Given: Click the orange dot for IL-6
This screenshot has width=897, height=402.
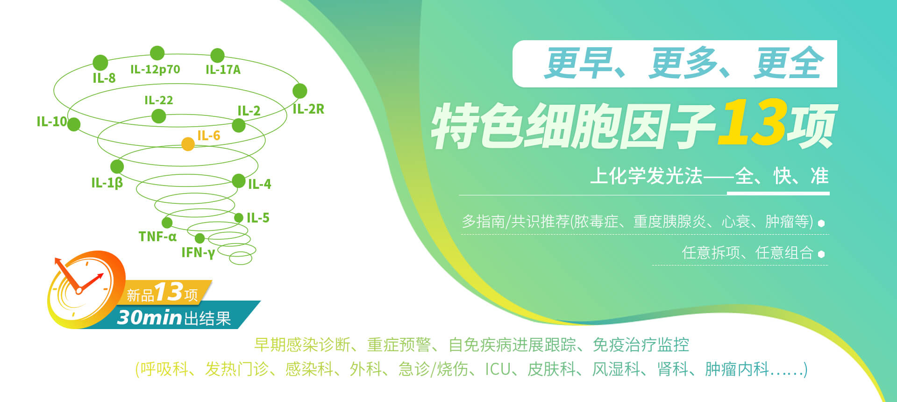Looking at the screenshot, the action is pyautogui.click(x=188, y=144).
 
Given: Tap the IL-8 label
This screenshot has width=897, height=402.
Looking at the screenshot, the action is pyautogui.click(x=104, y=78).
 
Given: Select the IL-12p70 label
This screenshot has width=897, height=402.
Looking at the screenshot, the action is pyautogui.click(x=155, y=70).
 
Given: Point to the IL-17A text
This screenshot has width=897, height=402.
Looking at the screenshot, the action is pyautogui.click(x=223, y=70).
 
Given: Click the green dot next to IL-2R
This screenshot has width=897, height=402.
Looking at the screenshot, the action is pyautogui.click(x=300, y=91).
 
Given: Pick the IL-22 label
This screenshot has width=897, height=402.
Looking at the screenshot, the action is pyautogui.click(x=159, y=100).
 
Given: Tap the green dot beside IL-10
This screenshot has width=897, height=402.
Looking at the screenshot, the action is pyautogui.click(x=74, y=124).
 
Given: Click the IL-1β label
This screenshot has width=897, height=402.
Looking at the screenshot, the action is pyautogui.click(x=107, y=183).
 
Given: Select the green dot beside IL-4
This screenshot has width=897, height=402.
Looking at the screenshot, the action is pyautogui.click(x=239, y=180).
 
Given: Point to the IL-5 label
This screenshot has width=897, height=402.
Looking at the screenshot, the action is pyautogui.click(x=258, y=218).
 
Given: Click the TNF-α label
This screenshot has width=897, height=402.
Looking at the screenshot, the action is pyautogui.click(x=157, y=237).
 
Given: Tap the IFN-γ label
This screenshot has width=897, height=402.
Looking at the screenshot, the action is pyautogui.click(x=198, y=253).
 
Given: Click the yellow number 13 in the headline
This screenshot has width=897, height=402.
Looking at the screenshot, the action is pyautogui.click(x=752, y=122).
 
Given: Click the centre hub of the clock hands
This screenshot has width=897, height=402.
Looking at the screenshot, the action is pyautogui.click(x=79, y=291).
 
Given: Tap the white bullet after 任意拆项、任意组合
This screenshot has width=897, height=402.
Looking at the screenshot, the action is pyautogui.click(x=821, y=254).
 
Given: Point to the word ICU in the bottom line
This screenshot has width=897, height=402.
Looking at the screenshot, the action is pyautogui.click(x=498, y=369).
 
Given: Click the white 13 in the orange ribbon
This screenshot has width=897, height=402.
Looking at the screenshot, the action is pyautogui.click(x=169, y=292).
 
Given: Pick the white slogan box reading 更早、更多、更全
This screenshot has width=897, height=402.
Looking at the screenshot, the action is pyautogui.click(x=675, y=64).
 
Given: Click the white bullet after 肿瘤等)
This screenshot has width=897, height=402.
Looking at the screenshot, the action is pyautogui.click(x=821, y=223).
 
